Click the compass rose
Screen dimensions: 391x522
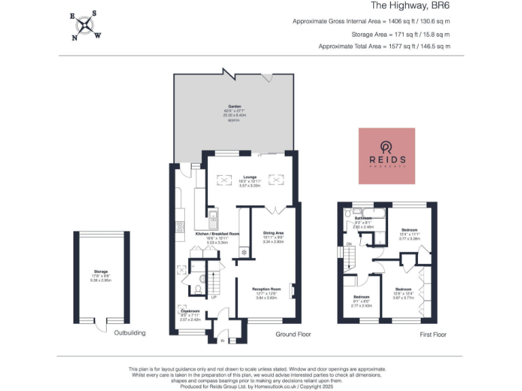(x=85, y=25)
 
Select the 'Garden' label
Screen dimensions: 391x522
(x=234, y=107)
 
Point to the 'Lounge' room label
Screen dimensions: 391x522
(x=251, y=177)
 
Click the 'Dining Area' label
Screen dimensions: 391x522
(x=274, y=234)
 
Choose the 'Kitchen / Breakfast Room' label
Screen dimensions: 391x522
(x=217, y=234)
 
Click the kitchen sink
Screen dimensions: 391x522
(x=213, y=217)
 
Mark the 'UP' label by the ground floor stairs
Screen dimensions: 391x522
(x=214, y=297)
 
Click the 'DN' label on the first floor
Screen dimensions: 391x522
(x=349, y=244)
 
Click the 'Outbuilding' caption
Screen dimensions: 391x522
(x=129, y=333)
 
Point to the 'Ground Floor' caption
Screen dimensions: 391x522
(x=293, y=335)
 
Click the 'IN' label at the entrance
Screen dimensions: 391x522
(x=222, y=341)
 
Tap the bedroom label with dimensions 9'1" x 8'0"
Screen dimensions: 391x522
(x=361, y=299)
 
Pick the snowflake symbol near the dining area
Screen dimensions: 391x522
(x=243, y=251)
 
